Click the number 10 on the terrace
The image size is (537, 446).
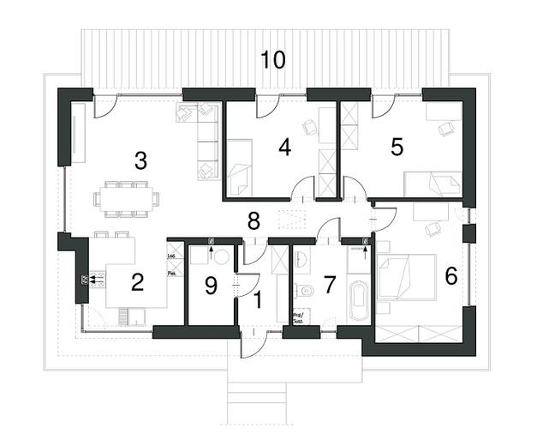click(x=273, y=60)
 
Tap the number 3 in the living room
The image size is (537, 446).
click(x=141, y=160)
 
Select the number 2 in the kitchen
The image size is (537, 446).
click(x=136, y=281)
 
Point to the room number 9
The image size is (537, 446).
click(x=211, y=283)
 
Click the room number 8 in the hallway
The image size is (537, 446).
click(x=254, y=220)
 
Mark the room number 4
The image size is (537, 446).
click(x=284, y=147)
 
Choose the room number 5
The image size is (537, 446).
click(x=397, y=147)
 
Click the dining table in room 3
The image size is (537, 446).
click(x=127, y=199)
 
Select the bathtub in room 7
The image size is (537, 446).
click(x=357, y=300)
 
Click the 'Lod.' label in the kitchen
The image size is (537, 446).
click(x=172, y=255)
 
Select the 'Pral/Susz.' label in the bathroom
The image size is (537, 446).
click(x=300, y=316)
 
